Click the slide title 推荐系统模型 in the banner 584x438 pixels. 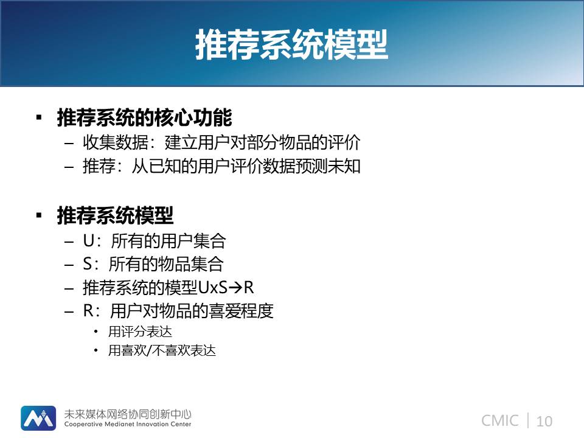pyautogui.click(x=291, y=44)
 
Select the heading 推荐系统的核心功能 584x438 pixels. pyautogui.click(x=145, y=117)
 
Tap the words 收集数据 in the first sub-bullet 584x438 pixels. pyautogui.click(x=116, y=142)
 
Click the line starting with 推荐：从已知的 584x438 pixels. pyautogui.click(x=221, y=166)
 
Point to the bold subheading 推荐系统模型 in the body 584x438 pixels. pyautogui.click(x=115, y=215)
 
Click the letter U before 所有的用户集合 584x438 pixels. pyautogui.click(x=89, y=241)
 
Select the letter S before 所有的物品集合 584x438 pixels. pyautogui.click(x=88, y=264)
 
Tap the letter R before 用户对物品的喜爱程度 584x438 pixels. pyautogui.click(x=88, y=311)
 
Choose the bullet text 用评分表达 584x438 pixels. pyautogui.click(x=140, y=332)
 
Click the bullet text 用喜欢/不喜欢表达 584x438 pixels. pyautogui.click(x=162, y=350)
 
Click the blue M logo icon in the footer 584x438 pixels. pyautogui.click(x=38, y=418)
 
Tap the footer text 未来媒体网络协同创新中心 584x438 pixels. pyautogui.click(x=128, y=414)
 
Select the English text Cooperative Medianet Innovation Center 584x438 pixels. pyautogui.click(x=128, y=424)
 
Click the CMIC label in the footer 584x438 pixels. pyautogui.click(x=500, y=421)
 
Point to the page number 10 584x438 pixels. pyautogui.click(x=544, y=421)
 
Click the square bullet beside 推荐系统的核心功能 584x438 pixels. pyautogui.click(x=39, y=117)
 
